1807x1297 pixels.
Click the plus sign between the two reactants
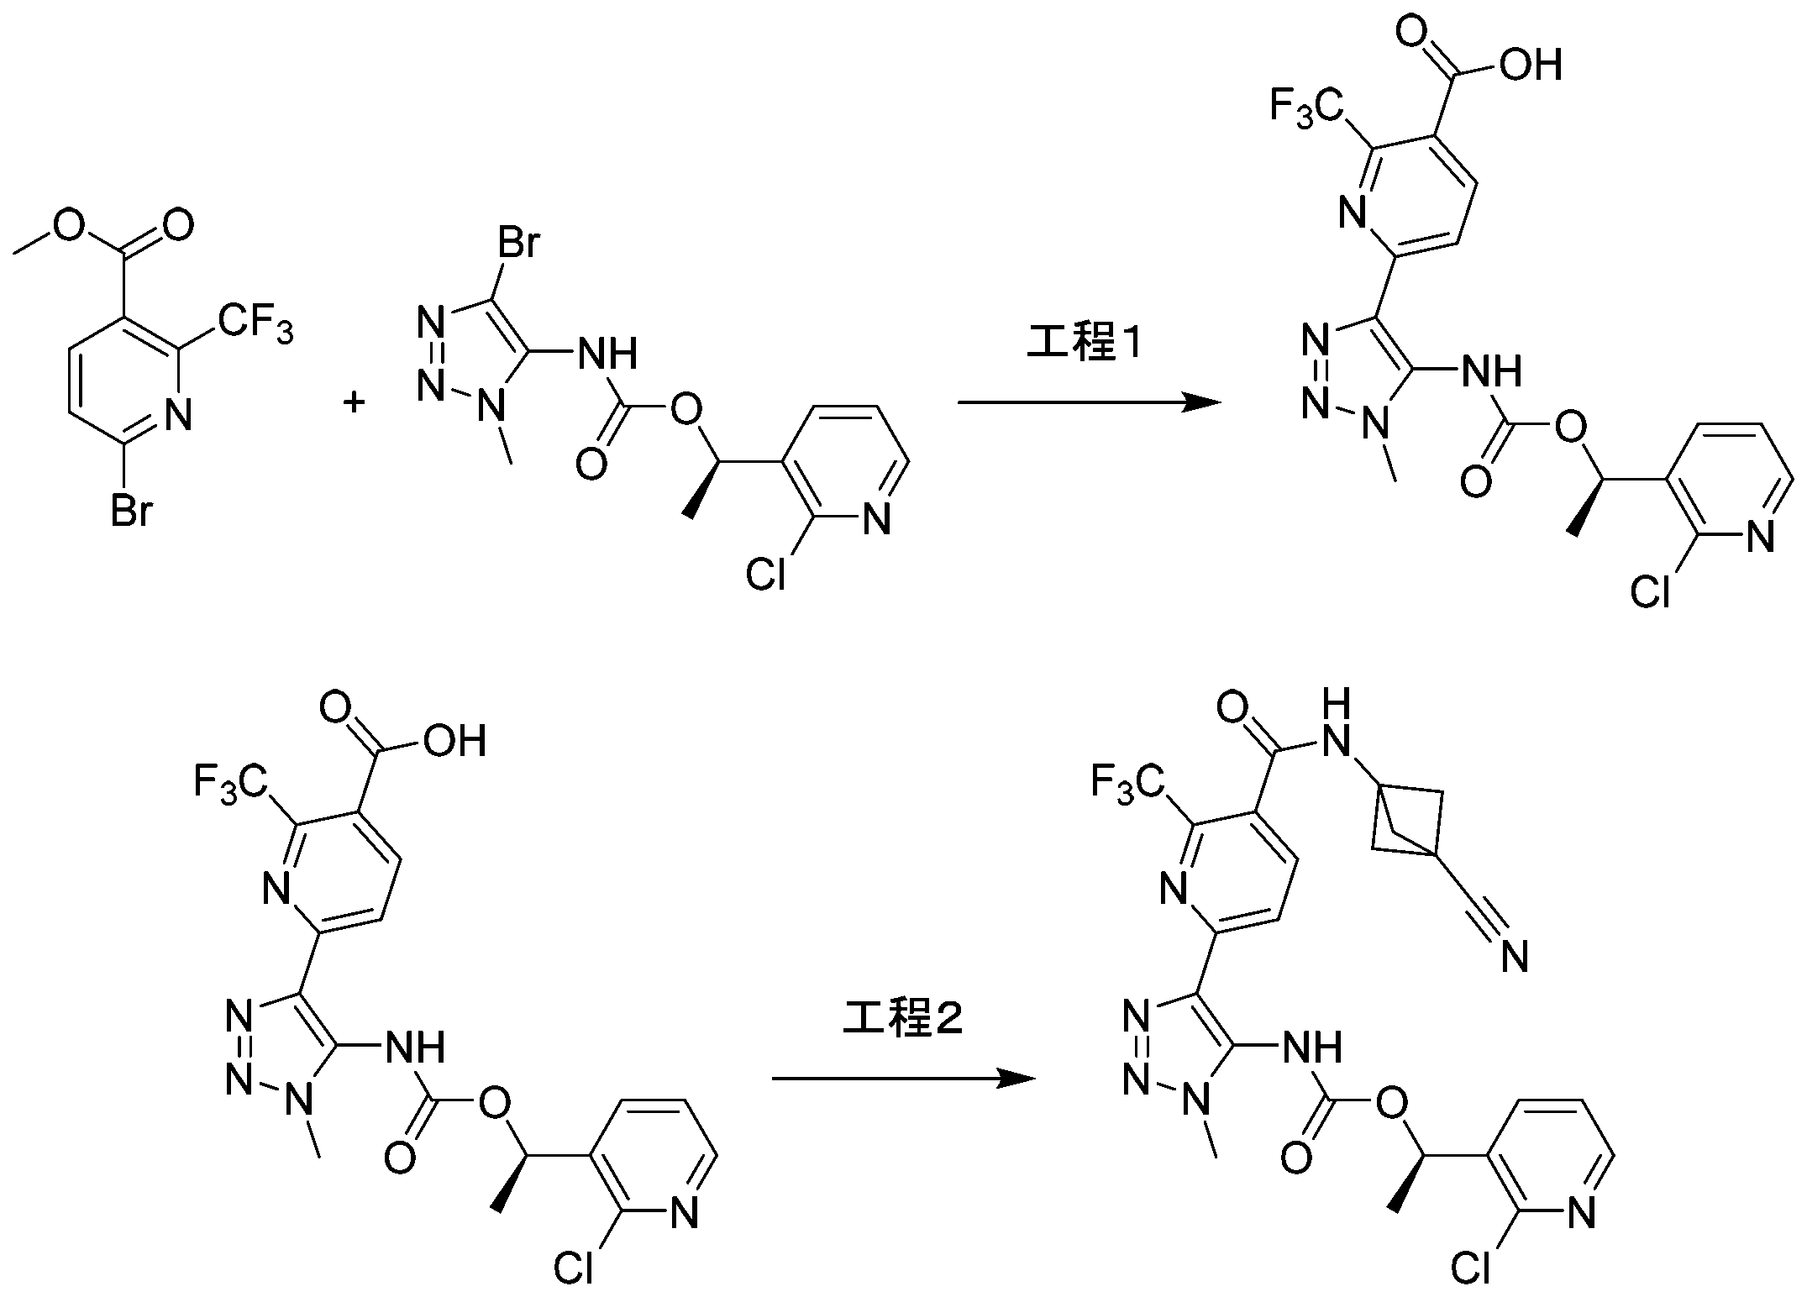point(355,404)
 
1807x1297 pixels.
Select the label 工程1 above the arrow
point(1085,344)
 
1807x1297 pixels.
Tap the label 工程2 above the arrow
point(903,1019)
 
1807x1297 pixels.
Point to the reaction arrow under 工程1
point(1090,403)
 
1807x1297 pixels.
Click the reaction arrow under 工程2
point(904,1079)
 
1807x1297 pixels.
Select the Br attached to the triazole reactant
point(518,244)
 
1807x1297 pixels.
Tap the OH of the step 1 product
point(1531,64)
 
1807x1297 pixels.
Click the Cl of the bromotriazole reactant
point(766,575)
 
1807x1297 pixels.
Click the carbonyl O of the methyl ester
point(176,225)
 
